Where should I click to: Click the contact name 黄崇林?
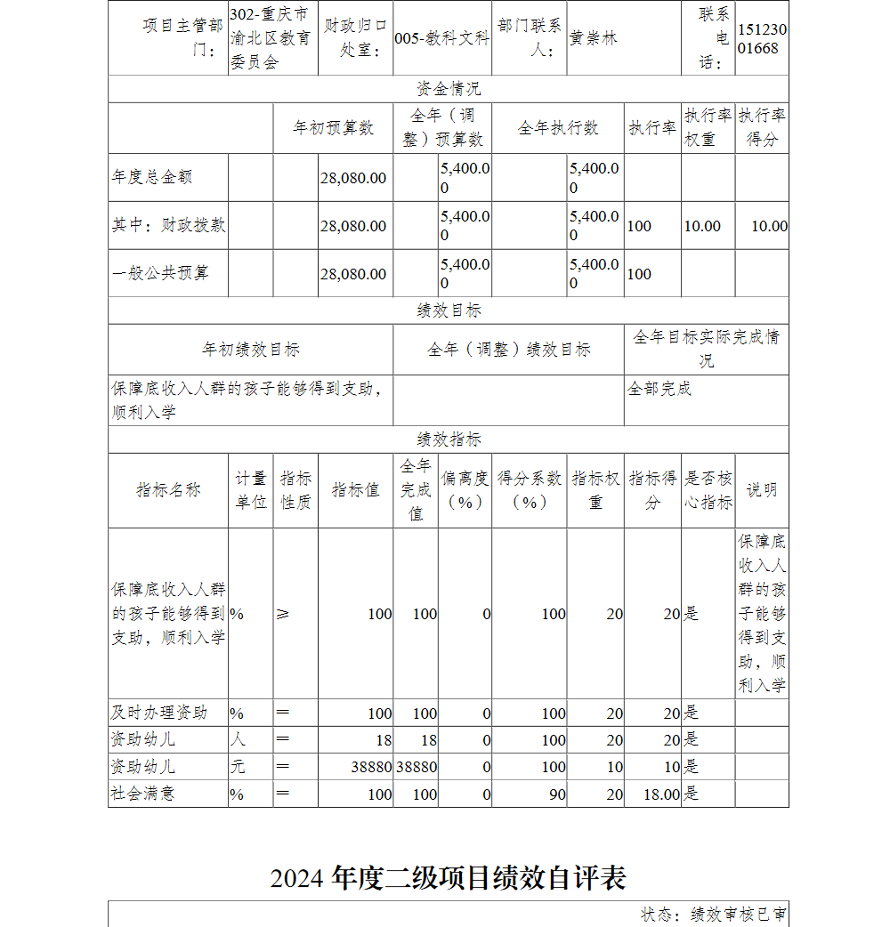[x=594, y=38]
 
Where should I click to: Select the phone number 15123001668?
[x=762, y=39]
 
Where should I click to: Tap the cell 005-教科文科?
[x=441, y=38]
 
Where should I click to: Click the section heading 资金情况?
[x=449, y=89]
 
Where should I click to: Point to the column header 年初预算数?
[x=334, y=128]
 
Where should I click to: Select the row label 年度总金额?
[x=152, y=177]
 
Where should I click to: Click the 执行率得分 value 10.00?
[x=769, y=226]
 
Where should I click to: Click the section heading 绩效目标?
[x=449, y=310]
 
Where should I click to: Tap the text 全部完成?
[x=659, y=389]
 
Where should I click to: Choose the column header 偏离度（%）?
[x=465, y=490]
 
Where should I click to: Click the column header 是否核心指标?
[x=708, y=490]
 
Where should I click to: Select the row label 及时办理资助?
[x=159, y=713]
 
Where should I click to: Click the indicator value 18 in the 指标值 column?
[x=381, y=740]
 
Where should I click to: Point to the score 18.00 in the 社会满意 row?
[x=660, y=794]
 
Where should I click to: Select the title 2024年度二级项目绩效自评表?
[x=449, y=878]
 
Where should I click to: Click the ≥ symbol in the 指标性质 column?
[x=283, y=614]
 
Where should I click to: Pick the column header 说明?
[x=761, y=490]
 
